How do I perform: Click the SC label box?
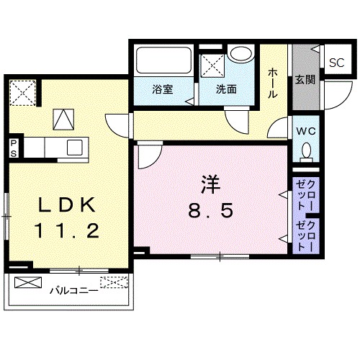click(x=336, y=63)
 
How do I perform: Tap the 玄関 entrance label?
click(x=302, y=80)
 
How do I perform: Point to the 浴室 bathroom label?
click(x=163, y=90)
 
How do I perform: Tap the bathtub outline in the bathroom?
click(x=163, y=62)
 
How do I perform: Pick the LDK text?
click(x=66, y=205)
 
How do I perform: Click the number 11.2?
click(x=66, y=232)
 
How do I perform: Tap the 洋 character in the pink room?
click(x=209, y=185)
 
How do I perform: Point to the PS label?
click(x=13, y=146)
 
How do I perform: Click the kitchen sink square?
click(x=76, y=147)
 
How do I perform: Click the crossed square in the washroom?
click(x=212, y=66)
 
